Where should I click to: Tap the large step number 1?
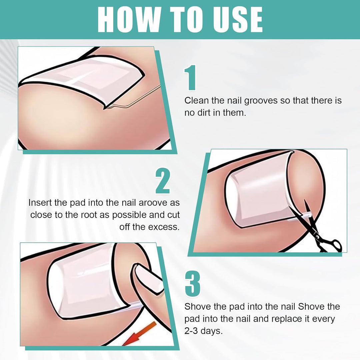click(190, 77)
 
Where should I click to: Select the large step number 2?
click(163, 181)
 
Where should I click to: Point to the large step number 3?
click(192, 284)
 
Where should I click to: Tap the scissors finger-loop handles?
click(331, 245)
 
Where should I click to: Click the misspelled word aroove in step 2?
click(153, 203)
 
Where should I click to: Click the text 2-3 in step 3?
click(191, 331)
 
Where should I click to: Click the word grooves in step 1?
click(260, 101)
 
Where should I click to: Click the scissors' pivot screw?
click(317, 236)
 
